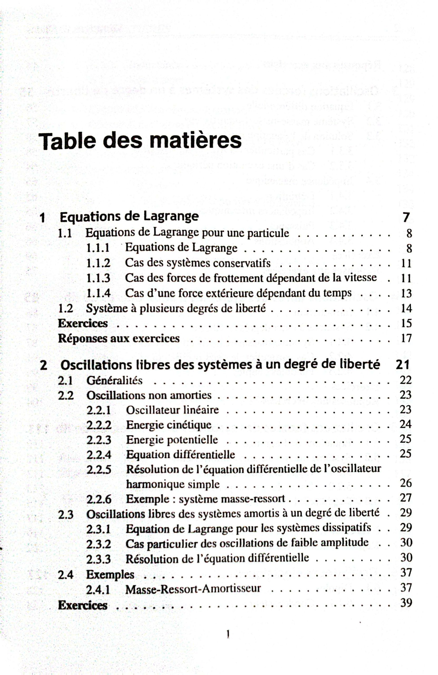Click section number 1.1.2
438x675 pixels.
[98, 263]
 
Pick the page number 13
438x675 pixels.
[406, 293]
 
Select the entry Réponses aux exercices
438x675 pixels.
[119, 338]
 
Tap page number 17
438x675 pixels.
[406, 338]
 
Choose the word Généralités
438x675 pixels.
[114, 380]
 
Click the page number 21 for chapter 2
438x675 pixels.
[403, 365]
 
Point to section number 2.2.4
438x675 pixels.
[99, 455]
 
